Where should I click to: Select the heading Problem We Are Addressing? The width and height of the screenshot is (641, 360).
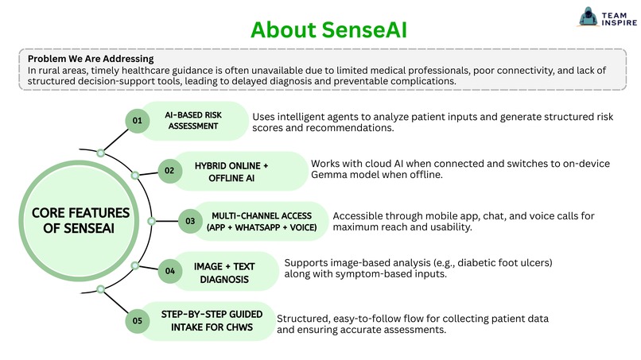coord(91,59)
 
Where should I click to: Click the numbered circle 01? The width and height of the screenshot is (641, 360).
coord(138,121)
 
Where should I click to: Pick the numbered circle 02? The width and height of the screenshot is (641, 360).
coord(169,170)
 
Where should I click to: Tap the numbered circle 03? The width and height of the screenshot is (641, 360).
coord(190,221)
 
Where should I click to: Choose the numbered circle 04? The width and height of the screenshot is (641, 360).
coord(170,271)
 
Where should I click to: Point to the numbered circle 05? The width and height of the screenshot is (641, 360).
coord(138,321)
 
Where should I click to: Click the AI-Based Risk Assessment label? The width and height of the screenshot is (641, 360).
coord(193,121)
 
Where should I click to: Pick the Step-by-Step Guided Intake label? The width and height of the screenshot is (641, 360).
coord(207,321)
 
